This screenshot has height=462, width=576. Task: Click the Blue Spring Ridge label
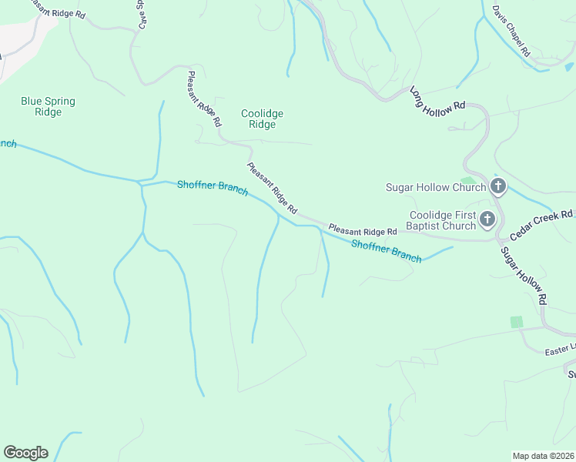(x=42, y=106)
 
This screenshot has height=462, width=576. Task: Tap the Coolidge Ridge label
(x=262, y=119)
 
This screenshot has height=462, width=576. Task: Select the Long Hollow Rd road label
(x=437, y=101)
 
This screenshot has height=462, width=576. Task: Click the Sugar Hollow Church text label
(x=436, y=187)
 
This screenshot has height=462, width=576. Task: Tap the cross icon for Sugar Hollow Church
(x=498, y=186)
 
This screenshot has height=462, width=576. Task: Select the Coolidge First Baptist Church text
(x=442, y=220)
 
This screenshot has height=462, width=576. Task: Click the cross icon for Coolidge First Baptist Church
(x=487, y=220)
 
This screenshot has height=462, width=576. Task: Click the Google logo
(x=25, y=453)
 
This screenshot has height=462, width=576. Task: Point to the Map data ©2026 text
(x=543, y=456)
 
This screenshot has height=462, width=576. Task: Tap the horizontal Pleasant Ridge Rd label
(x=362, y=230)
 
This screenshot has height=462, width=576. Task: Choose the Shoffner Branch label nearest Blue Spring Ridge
(x=213, y=188)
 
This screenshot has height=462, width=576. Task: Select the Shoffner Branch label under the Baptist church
(x=387, y=251)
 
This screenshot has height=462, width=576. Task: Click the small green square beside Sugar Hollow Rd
(x=516, y=322)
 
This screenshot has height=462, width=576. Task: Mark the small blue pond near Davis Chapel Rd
(x=568, y=67)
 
